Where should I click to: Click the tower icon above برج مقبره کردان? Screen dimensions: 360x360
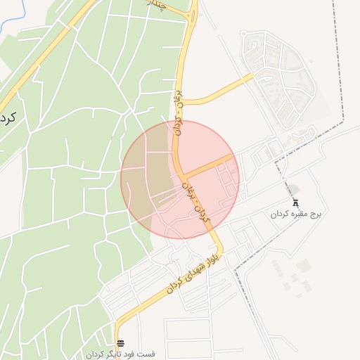295,203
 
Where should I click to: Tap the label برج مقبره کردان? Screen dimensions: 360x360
296,214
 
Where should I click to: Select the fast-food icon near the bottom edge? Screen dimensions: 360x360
121,343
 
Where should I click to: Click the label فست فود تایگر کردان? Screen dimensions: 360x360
121,354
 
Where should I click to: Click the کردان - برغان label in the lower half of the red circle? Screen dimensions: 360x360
196,204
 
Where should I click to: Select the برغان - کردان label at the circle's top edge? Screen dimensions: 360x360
177,112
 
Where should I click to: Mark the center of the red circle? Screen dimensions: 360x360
180,179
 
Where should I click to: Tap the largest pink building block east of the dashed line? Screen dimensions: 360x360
304,265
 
